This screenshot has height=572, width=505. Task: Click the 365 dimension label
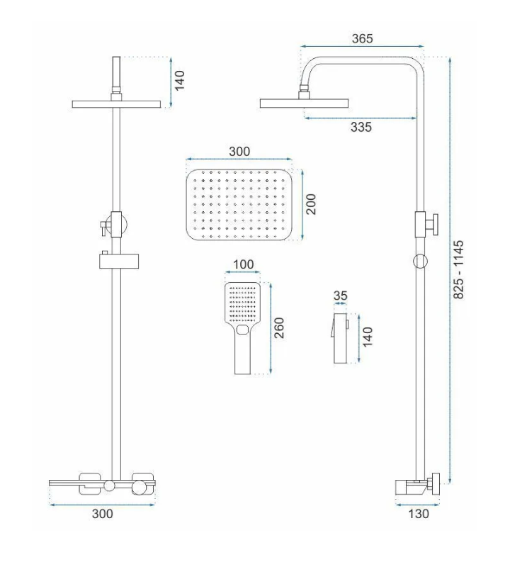coord(362,38)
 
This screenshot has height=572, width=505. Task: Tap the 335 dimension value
coord(361,127)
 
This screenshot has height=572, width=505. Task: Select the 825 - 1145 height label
coord(458,269)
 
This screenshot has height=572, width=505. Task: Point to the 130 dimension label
coord(418,514)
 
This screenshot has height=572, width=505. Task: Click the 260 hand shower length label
coord(279,328)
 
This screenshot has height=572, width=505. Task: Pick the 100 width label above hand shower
coord(243,264)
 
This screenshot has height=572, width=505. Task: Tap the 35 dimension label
coord(340,296)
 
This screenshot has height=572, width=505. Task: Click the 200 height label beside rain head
coord(311,204)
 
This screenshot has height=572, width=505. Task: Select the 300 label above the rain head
coord(239,152)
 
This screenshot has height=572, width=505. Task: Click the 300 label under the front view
coord(103,514)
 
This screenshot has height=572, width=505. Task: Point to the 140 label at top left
coord(179,80)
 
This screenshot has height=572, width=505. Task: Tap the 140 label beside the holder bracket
coord(368,337)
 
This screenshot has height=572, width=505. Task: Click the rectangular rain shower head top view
coord(239,205)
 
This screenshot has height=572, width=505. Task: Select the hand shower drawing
coord(242,328)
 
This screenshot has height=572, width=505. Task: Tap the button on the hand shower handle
coord(242,330)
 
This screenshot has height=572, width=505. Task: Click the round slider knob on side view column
coord(421,262)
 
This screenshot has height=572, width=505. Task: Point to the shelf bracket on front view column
coord(119,261)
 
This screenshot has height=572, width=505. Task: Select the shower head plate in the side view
coord(304,103)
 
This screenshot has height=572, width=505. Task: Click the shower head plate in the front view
coord(116,104)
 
